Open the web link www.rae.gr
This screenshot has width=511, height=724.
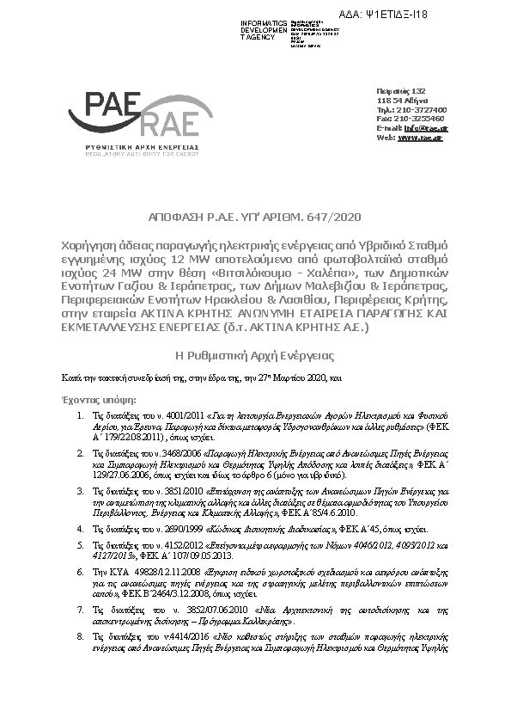pyautogui.click(x=420, y=138)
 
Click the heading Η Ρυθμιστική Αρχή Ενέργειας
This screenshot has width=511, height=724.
pyautogui.click(x=254, y=354)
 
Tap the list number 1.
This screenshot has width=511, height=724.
pyautogui.click(x=81, y=415)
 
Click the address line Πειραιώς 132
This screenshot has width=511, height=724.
pyautogui.click(x=401, y=91)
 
